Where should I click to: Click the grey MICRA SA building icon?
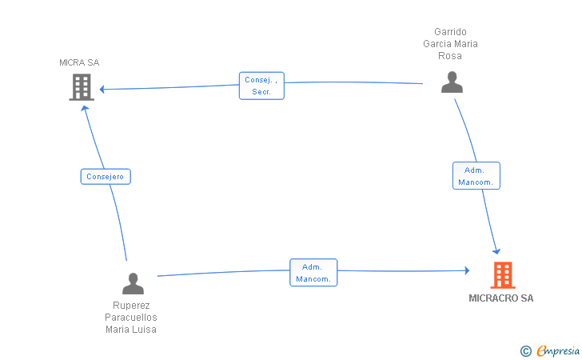tap(82, 87)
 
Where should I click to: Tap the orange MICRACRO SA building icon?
tap(502, 275)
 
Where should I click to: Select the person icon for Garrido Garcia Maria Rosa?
tap(452, 82)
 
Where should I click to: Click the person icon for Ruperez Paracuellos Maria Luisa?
tap(133, 283)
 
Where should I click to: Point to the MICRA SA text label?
tap(79, 62)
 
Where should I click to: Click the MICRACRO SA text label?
tap(501, 298)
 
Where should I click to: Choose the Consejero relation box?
tap(106, 177)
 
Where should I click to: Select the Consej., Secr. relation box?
tap(261, 86)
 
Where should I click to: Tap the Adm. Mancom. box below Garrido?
tap(476, 176)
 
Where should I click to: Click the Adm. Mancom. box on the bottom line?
tap(313, 273)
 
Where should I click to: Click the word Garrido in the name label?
tap(450, 32)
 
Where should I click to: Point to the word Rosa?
tap(450, 56)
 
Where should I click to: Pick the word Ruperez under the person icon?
tap(131, 306)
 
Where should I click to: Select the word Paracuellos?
tap(131, 318)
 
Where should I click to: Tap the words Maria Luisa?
tap(131, 330)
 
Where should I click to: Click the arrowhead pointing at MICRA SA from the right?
tap(102, 89)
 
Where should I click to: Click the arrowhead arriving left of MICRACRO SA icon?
tap(466, 271)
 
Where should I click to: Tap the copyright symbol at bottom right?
tap(525, 350)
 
